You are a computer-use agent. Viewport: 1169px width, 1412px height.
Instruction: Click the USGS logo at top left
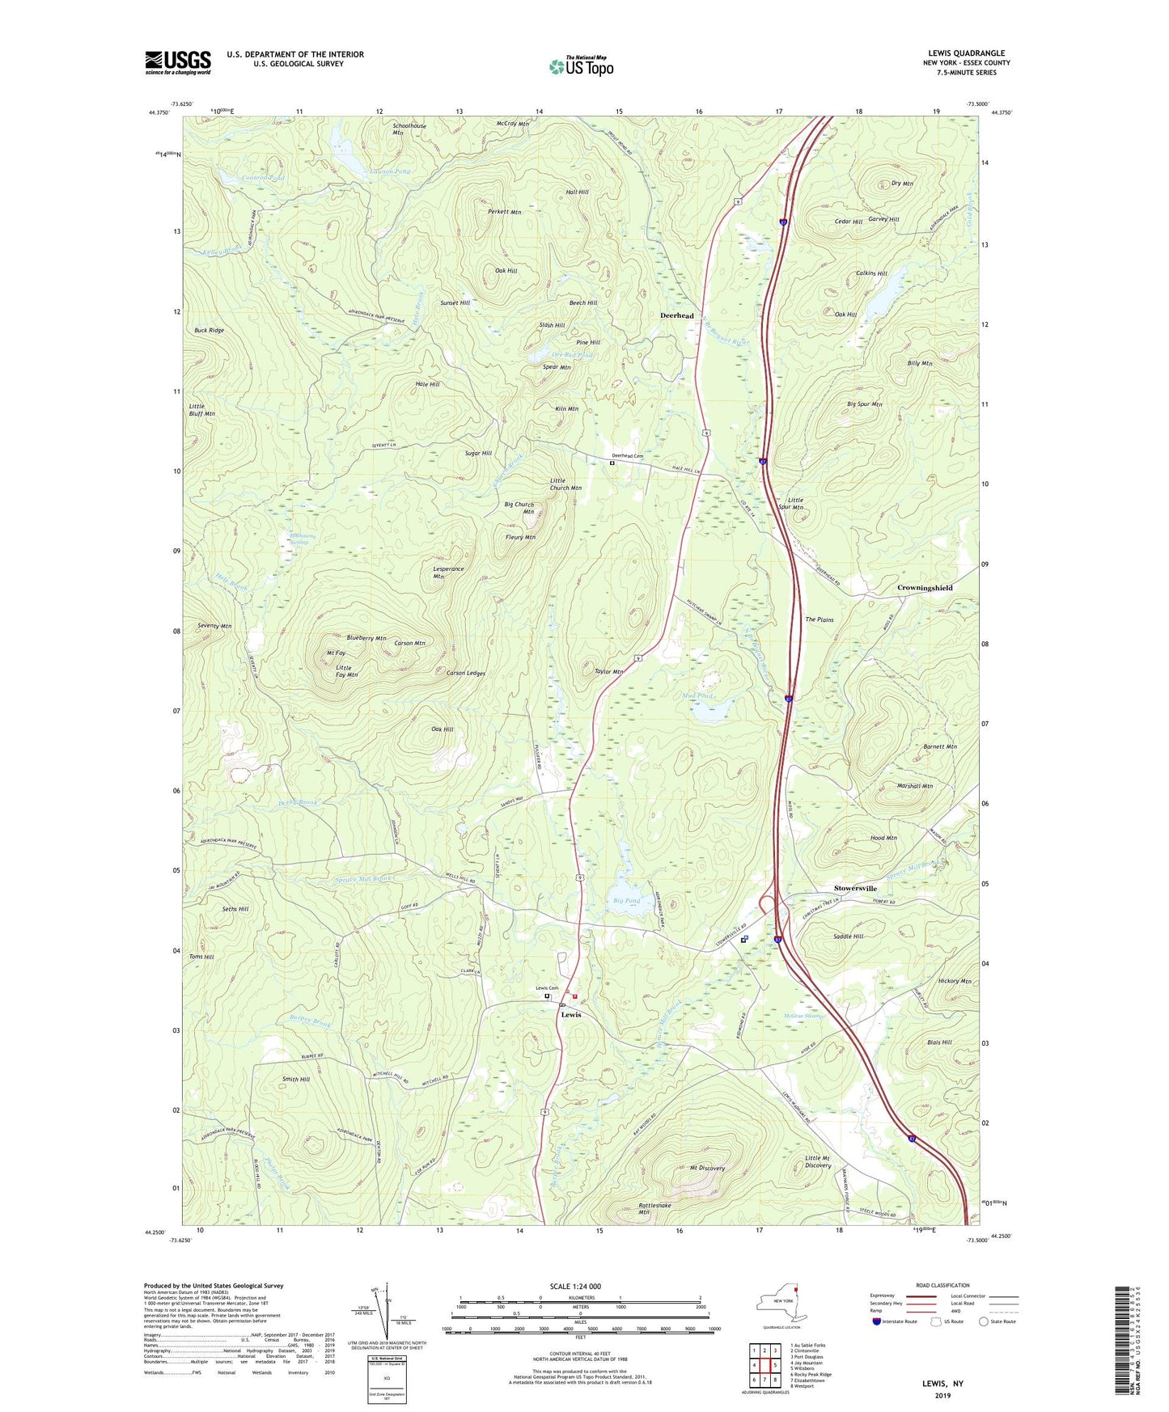pyautogui.click(x=177, y=62)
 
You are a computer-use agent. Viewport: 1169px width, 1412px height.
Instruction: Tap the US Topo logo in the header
pyautogui.click(x=581, y=66)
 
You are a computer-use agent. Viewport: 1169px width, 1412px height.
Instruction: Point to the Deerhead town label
pyautogui.click(x=676, y=315)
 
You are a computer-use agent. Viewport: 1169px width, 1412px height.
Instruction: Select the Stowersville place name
pyautogui.click(x=855, y=888)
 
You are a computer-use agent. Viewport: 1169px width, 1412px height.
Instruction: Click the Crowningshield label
pyautogui.click(x=925, y=588)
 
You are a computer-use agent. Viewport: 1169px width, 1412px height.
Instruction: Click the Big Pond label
pyautogui.click(x=626, y=900)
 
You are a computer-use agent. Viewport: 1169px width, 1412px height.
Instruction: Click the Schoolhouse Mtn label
pyautogui.click(x=409, y=129)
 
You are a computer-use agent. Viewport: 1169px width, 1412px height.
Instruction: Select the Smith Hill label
pyautogui.click(x=295, y=1079)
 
